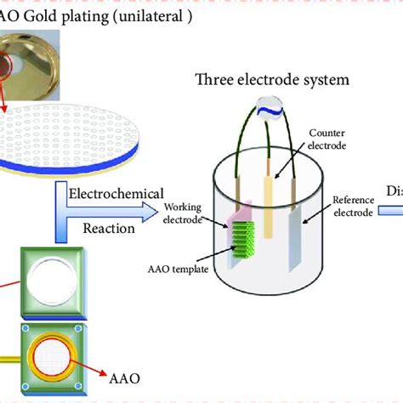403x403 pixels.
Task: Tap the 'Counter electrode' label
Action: click(x=326, y=139)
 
